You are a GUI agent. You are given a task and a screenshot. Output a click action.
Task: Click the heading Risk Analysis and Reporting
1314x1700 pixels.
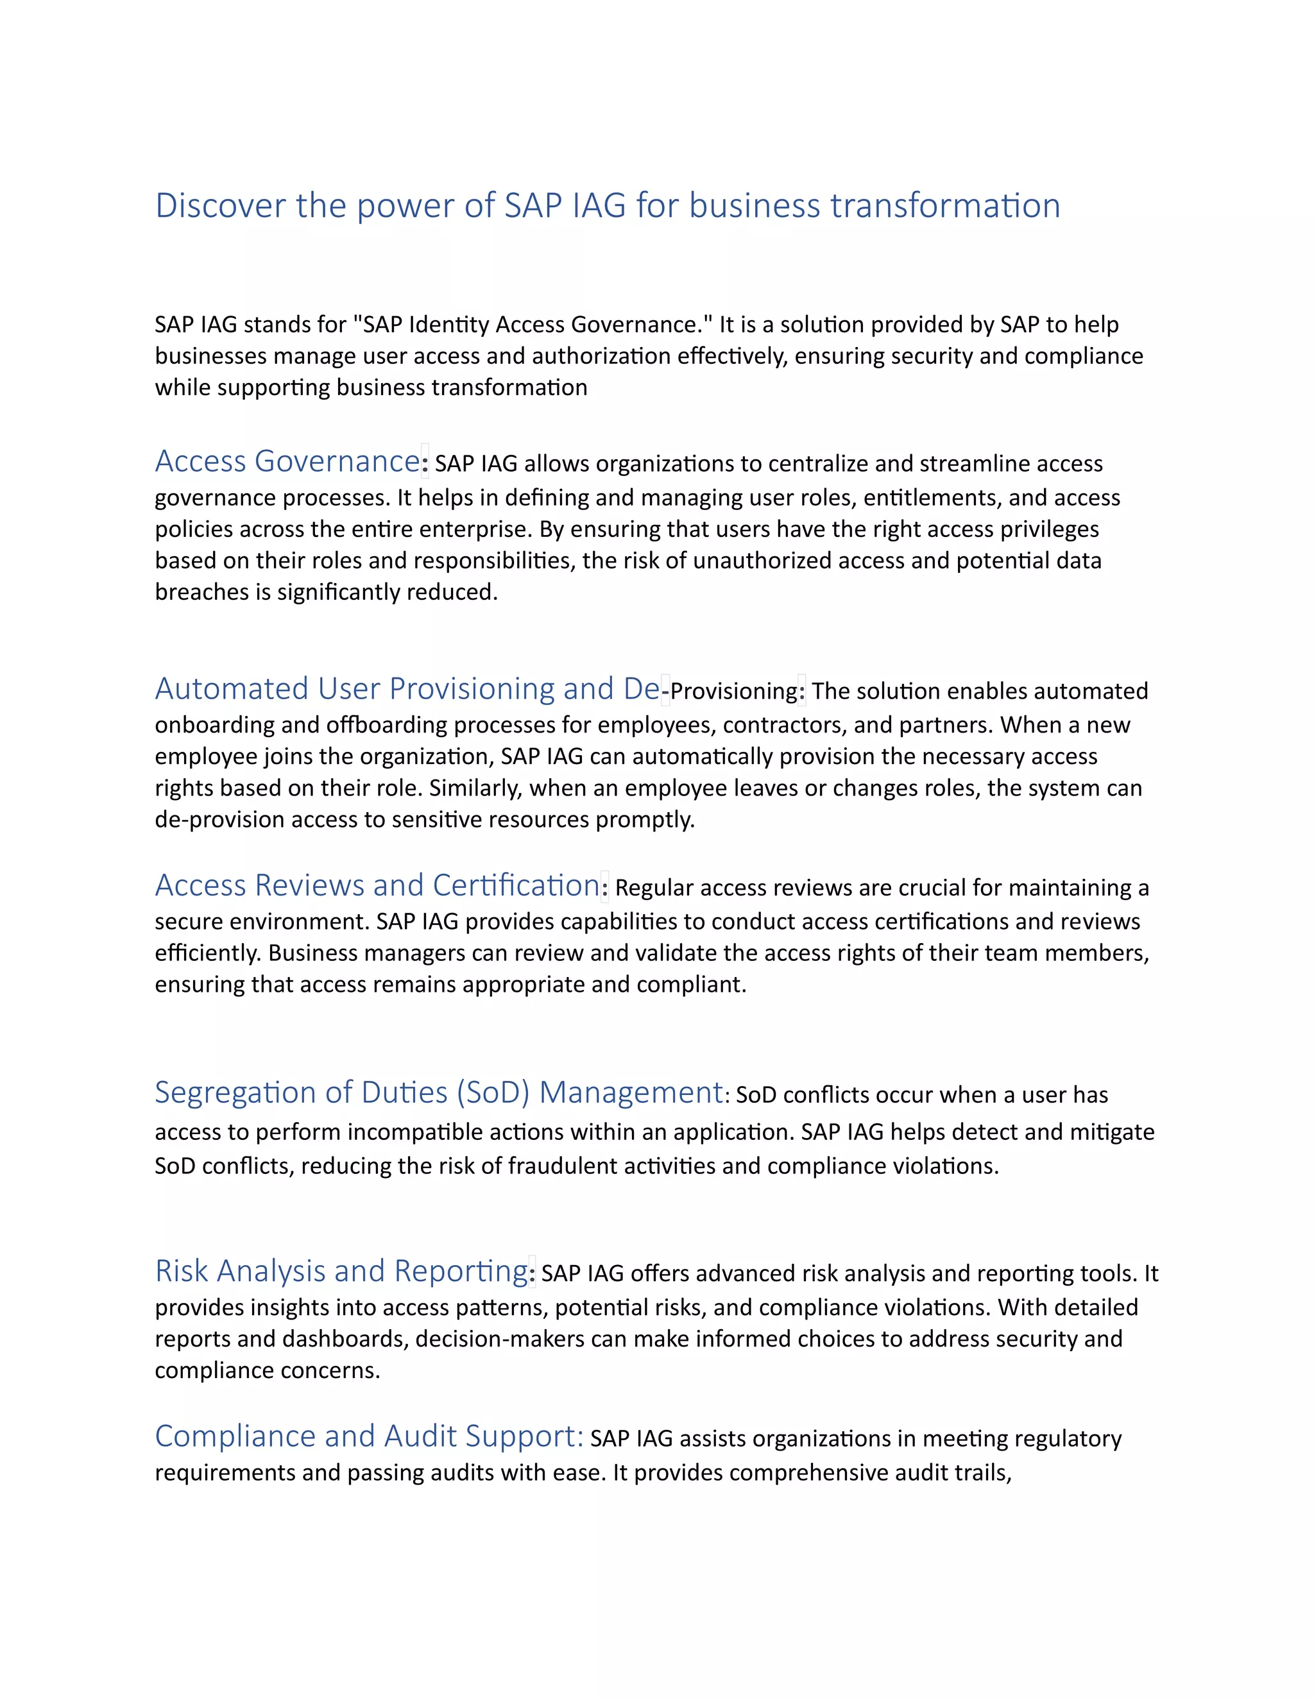(341, 1270)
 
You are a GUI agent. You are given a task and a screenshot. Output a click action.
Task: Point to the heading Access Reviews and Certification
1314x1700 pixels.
(377, 885)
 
